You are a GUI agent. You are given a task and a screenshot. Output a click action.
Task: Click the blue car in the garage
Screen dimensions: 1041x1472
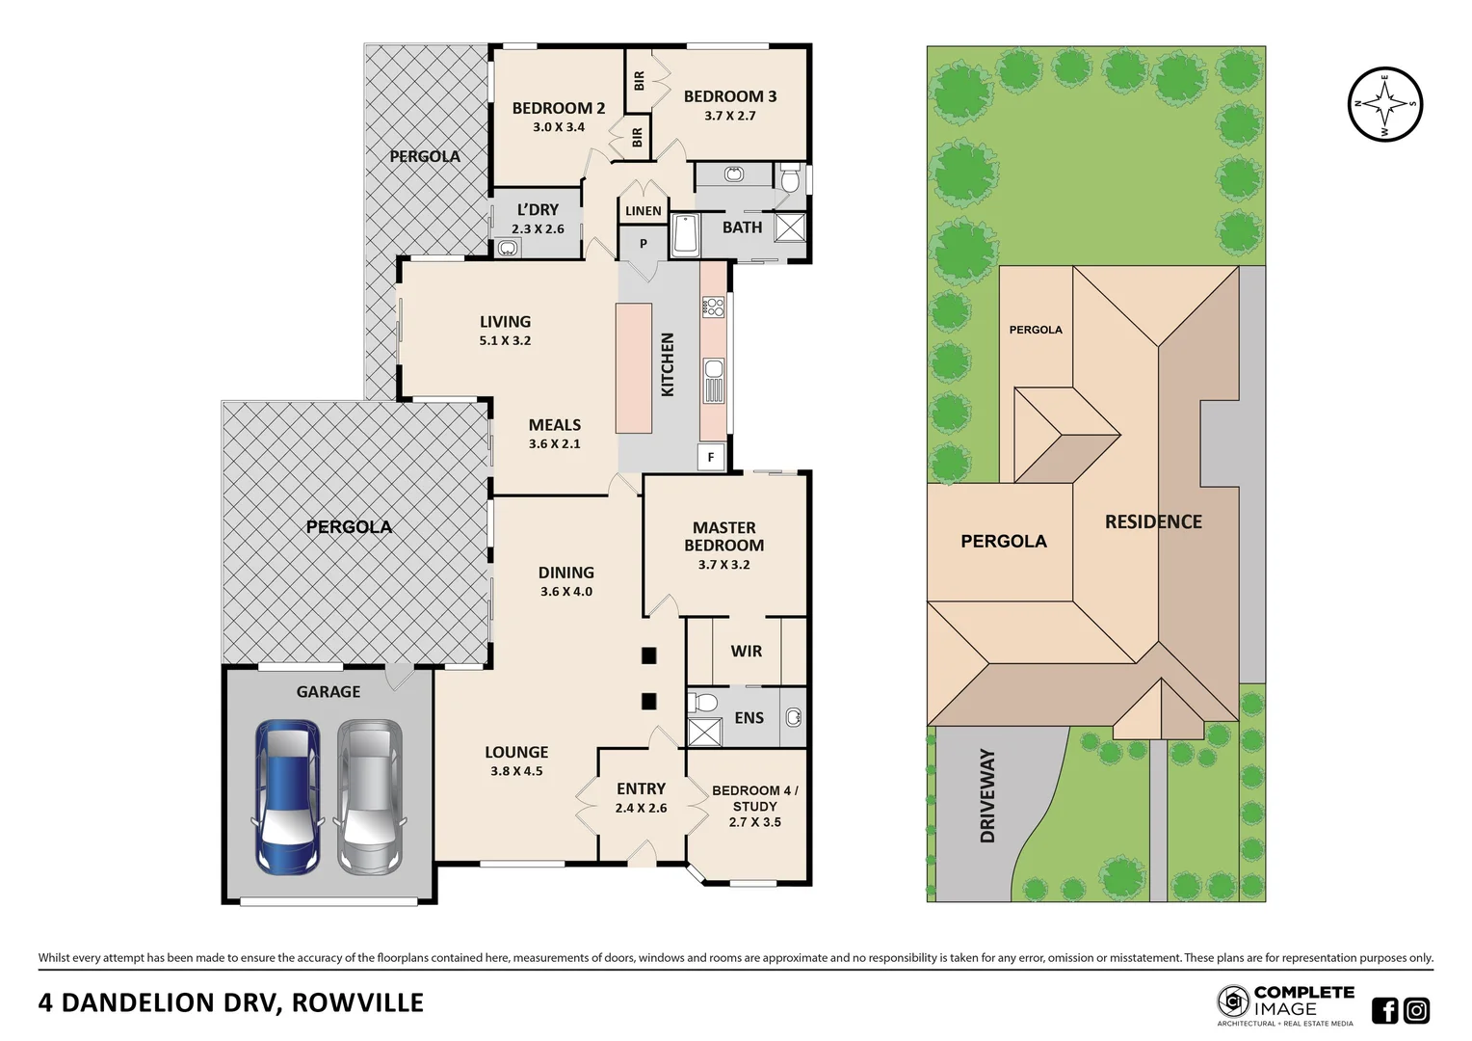pyautogui.click(x=287, y=797)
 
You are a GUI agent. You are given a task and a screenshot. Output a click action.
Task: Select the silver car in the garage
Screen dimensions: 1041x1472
pyautogui.click(x=369, y=797)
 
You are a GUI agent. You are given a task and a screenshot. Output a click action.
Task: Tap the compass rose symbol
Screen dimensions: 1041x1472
pyautogui.click(x=1384, y=104)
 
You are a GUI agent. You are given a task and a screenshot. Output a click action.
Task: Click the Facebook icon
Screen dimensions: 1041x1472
pyautogui.click(x=1384, y=1010)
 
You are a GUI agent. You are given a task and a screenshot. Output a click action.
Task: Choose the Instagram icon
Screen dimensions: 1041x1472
pyautogui.click(x=1416, y=1010)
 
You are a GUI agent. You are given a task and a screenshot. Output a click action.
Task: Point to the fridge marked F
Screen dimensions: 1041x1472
pyautogui.click(x=711, y=458)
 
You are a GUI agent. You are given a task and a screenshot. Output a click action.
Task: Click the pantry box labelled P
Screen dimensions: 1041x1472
pyautogui.click(x=643, y=244)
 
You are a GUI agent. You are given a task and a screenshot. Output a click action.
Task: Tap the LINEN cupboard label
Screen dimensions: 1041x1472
pyautogui.click(x=643, y=211)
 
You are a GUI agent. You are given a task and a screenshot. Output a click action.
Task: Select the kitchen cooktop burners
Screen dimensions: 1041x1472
pyautogui.click(x=713, y=307)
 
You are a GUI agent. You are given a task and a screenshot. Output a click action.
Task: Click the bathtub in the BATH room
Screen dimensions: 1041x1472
pyautogui.click(x=685, y=235)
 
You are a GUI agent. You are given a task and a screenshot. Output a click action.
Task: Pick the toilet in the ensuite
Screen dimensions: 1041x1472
pyautogui.click(x=703, y=701)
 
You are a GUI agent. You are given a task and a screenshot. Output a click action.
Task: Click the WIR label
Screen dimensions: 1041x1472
pyautogui.click(x=746, y=652)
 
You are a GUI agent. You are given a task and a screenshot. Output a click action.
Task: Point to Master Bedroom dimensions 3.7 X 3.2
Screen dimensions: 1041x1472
pyautogui.click(x=723, y=565)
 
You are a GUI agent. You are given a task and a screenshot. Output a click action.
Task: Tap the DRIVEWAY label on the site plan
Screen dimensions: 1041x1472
pyautogui.click(x=987, y=795)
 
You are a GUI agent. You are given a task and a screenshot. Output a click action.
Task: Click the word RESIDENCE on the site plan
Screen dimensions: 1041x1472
pyautogui.click(x=1153, y=522)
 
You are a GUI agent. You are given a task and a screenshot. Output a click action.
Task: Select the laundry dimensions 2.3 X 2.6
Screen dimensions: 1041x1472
pyautogui.click(x=538, y=229)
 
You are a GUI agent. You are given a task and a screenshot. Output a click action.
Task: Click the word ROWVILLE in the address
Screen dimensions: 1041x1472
pyautogui.click(x=357, y=1003)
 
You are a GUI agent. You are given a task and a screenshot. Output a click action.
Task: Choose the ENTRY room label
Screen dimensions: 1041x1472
pyautogui.click(x=641, y=788)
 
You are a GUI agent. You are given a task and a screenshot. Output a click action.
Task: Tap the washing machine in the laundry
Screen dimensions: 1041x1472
pyautogui.click(x=508, y=248)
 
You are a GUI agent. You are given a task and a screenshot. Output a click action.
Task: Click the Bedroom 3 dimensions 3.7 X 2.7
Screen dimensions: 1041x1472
pyautogui.click(x=729, y=116)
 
